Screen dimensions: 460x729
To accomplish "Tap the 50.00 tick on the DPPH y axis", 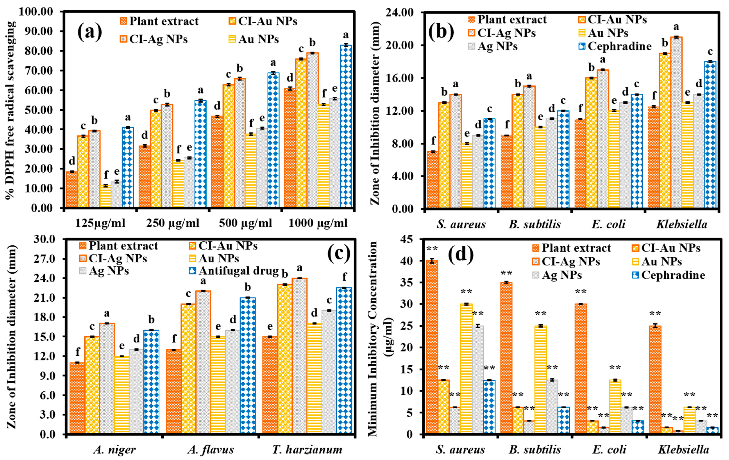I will pyautogui.click(x=40, y=110).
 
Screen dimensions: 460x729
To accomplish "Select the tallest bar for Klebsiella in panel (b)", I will pyautogui.click(x=676, y=121).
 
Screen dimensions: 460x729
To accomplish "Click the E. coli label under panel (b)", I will pyautogui.click(x=608, y=224).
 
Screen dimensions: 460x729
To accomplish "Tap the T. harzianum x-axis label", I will pyautogui.click(x=307, y=449).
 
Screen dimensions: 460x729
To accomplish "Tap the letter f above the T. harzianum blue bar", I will pyautogui.click(x=345, y=277).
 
